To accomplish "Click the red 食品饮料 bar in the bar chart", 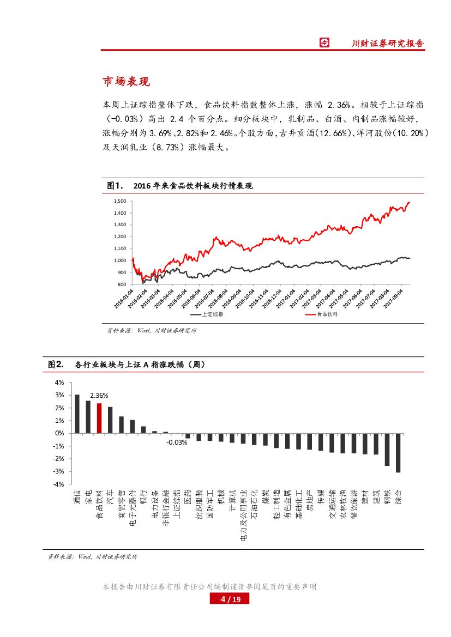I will click(x=99, y=418).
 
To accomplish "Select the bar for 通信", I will click(x=77, y=414).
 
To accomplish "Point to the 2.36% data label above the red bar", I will click(x=99, y=395).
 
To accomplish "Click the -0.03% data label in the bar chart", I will click(x=177, y=442).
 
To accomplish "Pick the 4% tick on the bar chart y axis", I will click(x=59, y=383).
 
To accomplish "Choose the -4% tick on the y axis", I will click(x=58, y=484).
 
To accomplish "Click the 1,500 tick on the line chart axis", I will click(x=120, y=201).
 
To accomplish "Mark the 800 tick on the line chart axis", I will click(x=122, y=284).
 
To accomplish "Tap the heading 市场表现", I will click(x=126, y=82).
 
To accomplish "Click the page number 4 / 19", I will click(x=229, y=599).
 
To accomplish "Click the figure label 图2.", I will click(x=56, y=364).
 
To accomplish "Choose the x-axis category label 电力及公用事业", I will click(x=243, y=515).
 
